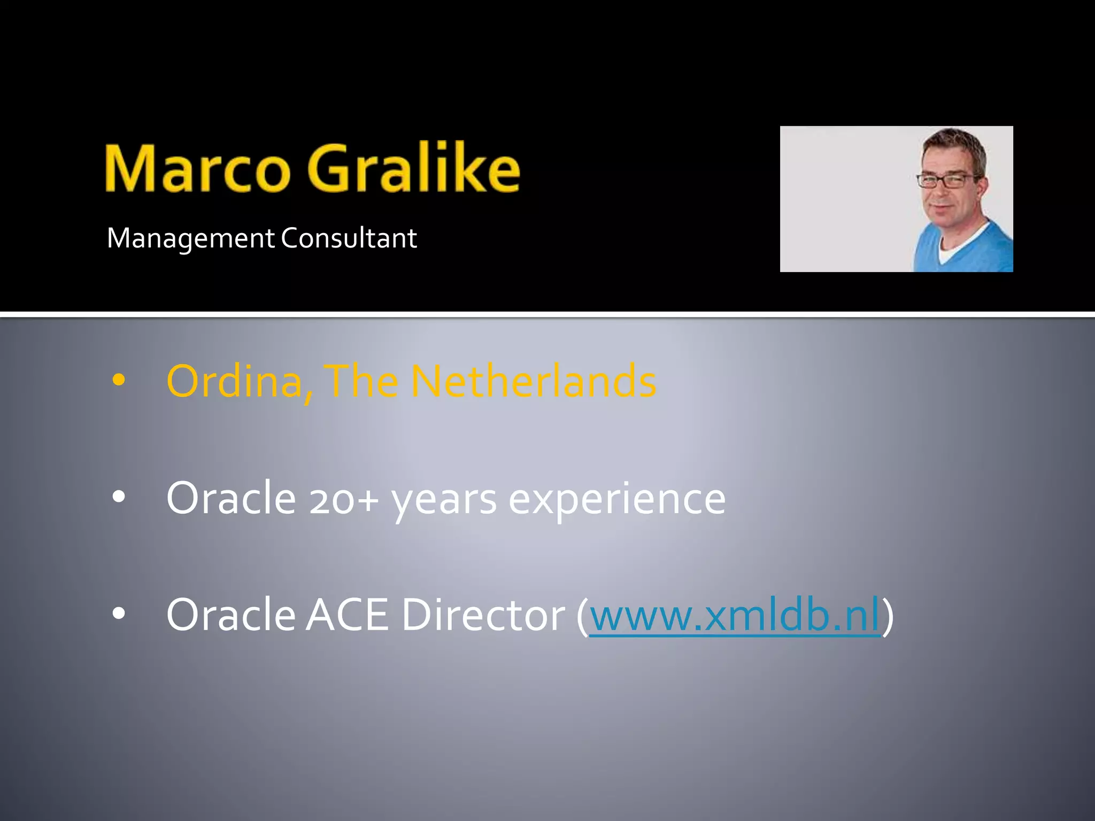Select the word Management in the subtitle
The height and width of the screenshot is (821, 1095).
click(x=190, y=238)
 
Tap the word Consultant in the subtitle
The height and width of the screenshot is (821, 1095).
click(x=349, y=238)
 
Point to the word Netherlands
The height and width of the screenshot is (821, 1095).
click(x=533, y=381)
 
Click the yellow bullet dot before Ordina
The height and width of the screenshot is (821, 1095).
click(x=119, y=381)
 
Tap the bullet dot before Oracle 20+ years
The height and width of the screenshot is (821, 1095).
click(x=119, y=497)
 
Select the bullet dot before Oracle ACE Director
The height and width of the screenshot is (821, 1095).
click(x=119, y=614)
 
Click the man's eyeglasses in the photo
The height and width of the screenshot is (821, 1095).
click(x=947, y=181)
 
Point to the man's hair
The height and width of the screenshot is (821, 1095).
click(x=954, y=142)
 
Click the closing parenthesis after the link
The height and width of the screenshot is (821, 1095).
click(x=888, y=616)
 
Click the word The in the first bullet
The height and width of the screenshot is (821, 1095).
click(x=361, y=381)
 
